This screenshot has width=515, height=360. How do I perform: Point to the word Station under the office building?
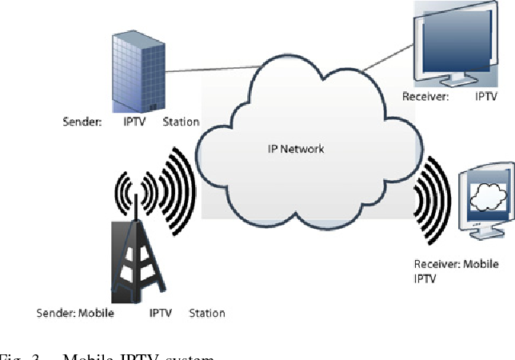pos(182,122)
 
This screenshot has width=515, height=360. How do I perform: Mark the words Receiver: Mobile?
pos(457,264)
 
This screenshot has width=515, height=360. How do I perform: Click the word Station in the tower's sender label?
pos(206,313)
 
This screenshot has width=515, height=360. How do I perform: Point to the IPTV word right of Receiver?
pos(485,98)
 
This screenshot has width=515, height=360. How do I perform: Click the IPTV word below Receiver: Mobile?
pos(426,278)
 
